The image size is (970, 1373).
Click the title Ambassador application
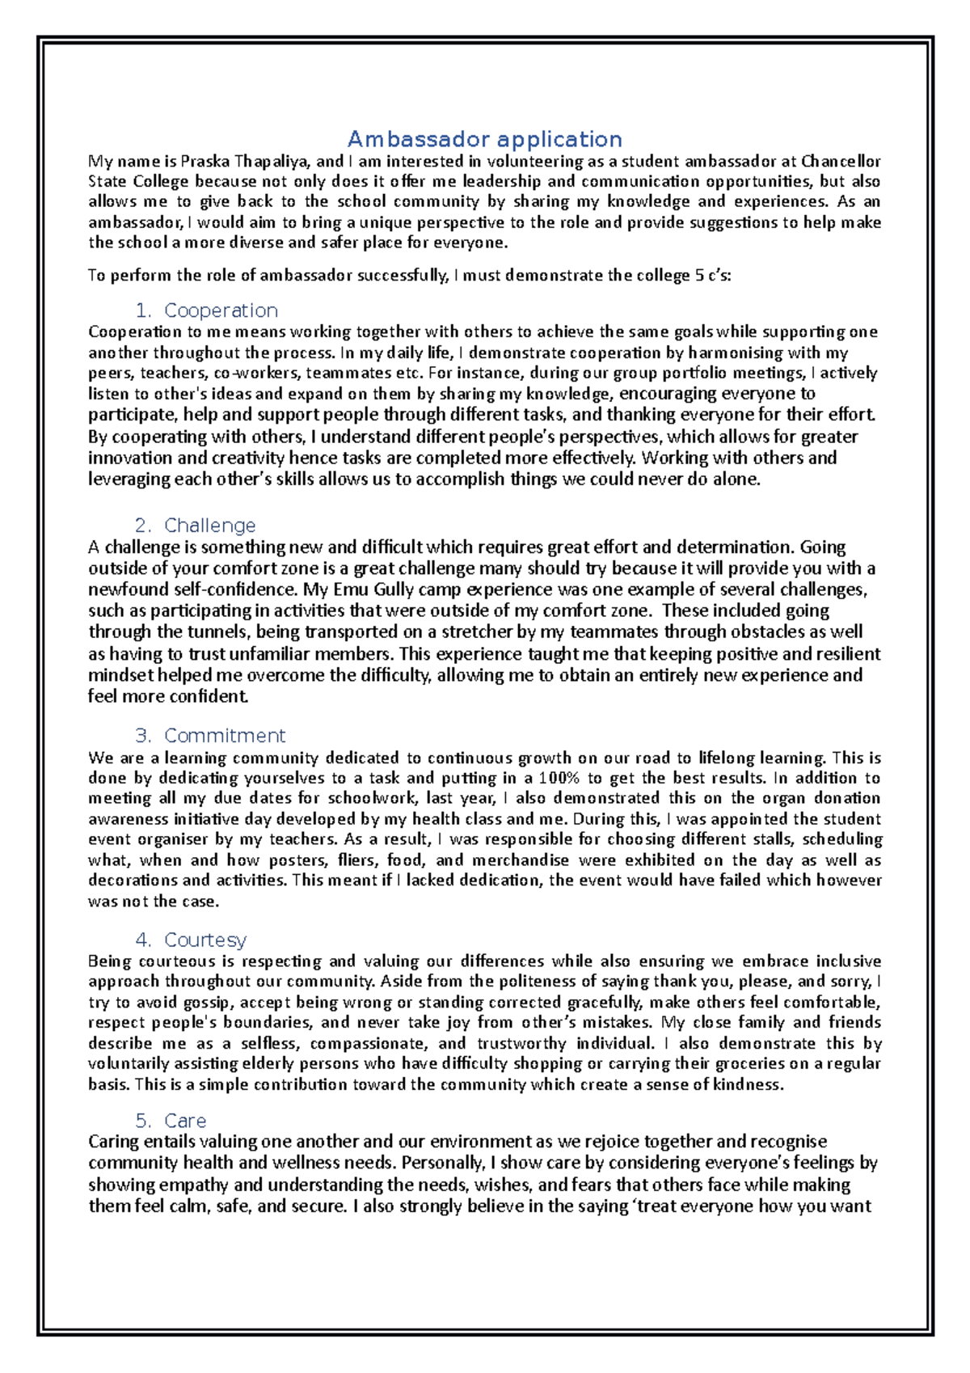(x=484, y=139)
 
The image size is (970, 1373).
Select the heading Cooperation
(x=221, y=311)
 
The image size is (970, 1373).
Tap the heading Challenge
(x=209, y=526)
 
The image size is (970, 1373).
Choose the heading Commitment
(x=225, y=736)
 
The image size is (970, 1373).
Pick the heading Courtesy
(x=205, y=940)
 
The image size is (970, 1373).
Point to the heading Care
(x=185, y=1121)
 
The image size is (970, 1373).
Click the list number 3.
(x=143, y=736)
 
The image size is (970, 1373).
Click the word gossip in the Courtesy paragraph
(x=208, y=1002)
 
